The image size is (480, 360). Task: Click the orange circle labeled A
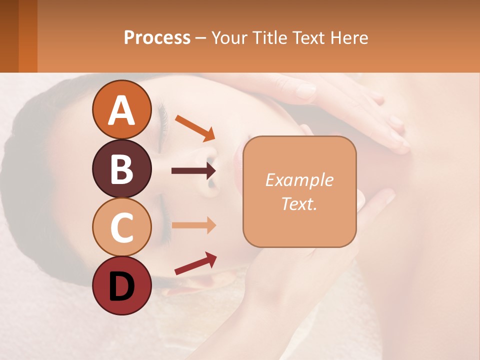coord(121,110)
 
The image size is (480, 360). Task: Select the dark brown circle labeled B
coord(121,168)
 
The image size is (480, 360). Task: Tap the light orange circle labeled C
coord(121,227)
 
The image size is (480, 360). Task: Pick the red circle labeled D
coord(121,286)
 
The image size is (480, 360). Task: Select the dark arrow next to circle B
coord(193,171)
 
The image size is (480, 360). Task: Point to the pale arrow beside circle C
coord(193,225)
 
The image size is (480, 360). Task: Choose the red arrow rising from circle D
coord(195,263)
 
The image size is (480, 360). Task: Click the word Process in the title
coord(157,38)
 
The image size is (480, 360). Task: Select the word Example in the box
coord(299,180)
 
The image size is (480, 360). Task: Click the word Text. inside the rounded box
coord(299,203)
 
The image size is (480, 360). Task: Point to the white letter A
coord(121,110)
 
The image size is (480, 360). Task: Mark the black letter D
coord(121,286)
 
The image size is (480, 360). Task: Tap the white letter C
coord(121,228)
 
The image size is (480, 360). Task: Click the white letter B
coord(121,169)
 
